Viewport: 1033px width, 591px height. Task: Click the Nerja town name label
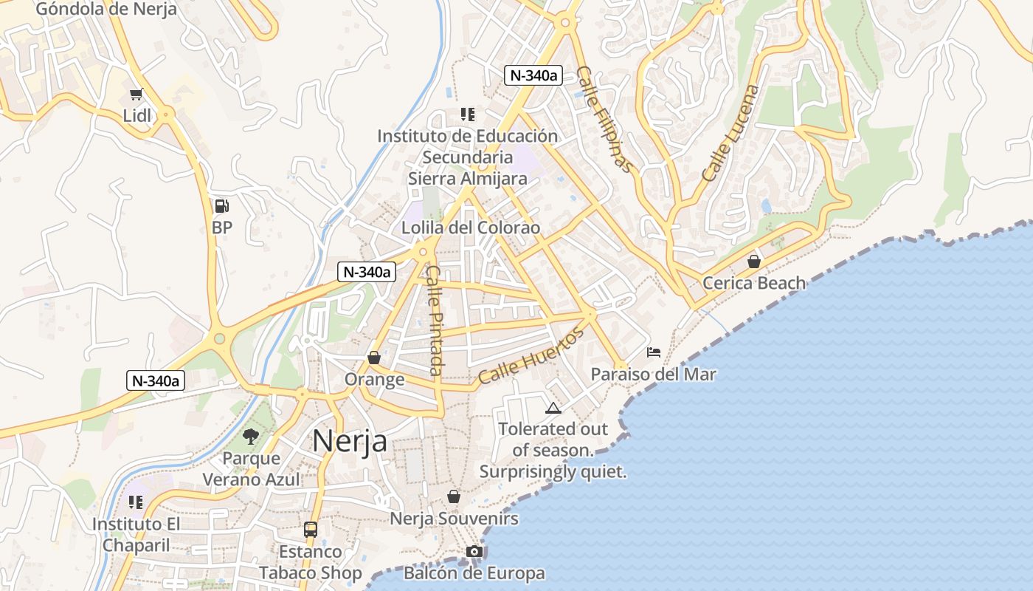pos(350,440)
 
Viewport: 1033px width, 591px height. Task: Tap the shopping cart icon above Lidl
pos(136,94)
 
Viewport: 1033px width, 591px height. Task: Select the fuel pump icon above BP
pos(221,205)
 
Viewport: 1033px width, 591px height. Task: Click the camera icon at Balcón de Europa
pos(474,552)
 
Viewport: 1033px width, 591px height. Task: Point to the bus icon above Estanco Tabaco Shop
pos(311,530)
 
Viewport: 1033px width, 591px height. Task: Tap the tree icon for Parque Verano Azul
pos(251,436)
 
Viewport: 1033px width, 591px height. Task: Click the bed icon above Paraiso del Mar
pos(654,352)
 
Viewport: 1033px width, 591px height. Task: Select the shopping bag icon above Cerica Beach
pos(753,262)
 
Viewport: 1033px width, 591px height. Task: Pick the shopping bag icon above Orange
pos(374,358)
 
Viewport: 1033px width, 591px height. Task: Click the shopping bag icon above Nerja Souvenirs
pos(454,496)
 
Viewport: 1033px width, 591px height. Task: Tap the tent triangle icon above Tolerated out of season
pos(553,408)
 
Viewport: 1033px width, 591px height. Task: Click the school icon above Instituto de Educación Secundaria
pos(467,115)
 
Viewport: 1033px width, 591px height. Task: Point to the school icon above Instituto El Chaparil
pos(136,502)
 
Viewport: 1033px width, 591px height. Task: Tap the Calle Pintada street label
pos(435,320)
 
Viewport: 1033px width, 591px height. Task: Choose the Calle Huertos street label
pos(531,356)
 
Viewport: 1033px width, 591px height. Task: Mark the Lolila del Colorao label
pos(470,228)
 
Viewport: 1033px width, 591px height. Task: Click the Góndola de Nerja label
pos(106,9)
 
